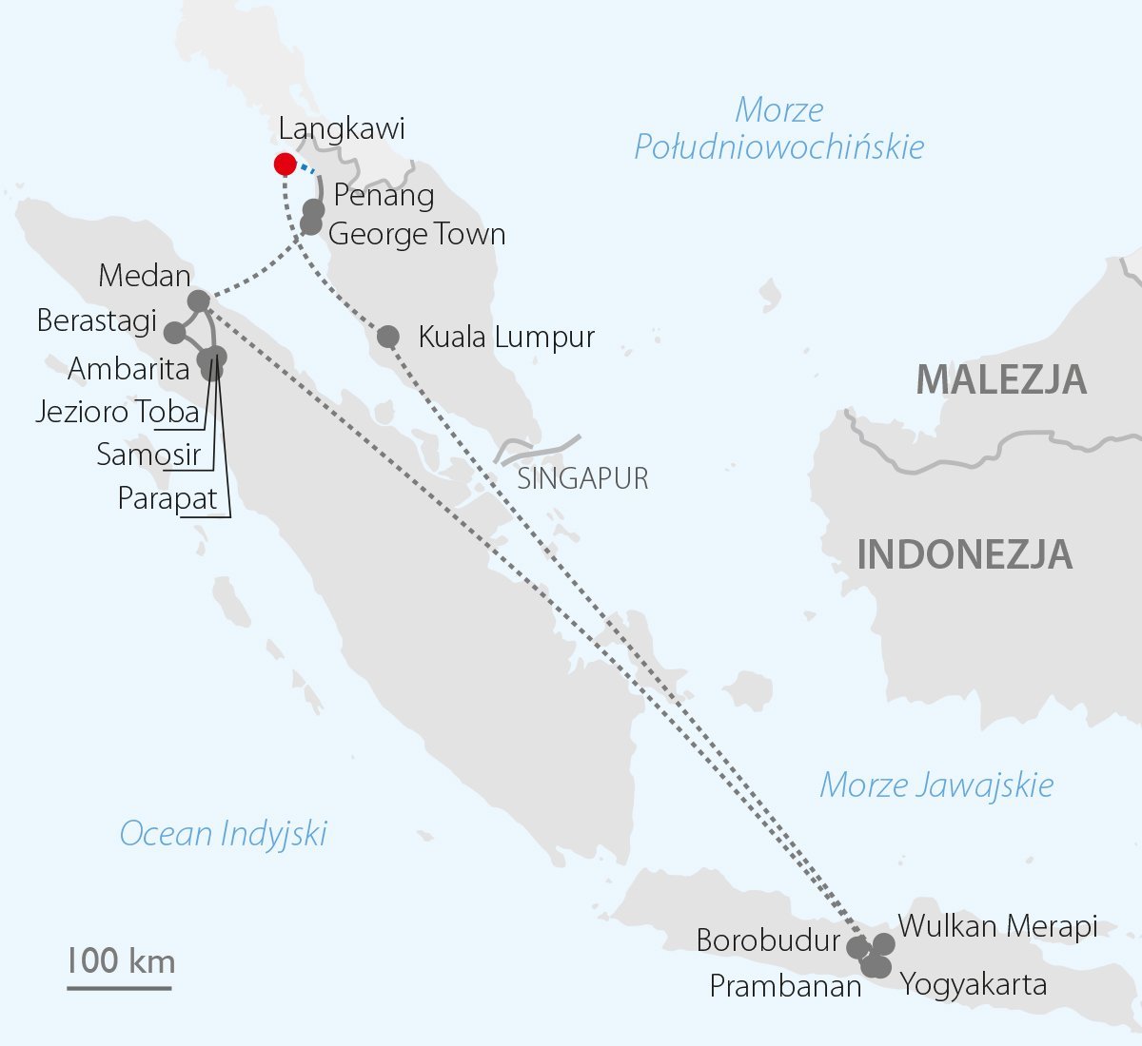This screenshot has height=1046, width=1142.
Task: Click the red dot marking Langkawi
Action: (x=285, y=165)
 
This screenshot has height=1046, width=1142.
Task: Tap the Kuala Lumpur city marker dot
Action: (x=388, y=337)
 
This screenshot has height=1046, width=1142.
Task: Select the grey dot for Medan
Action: (x=199, y=301)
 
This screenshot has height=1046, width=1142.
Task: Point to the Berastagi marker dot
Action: (x=175, y=333)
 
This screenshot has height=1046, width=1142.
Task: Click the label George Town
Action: (x=417, y=234)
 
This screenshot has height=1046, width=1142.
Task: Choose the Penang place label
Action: (x=384, y=195)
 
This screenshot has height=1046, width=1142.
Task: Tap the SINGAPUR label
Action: (x=582, y=478)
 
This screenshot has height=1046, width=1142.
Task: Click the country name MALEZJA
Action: (x=1000, y=379)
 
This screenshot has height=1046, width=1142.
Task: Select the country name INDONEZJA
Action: (x=964, y=554)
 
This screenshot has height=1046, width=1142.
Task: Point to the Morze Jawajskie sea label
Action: (x=936, y=785)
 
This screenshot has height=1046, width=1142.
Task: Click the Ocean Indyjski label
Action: (x=223, y=834)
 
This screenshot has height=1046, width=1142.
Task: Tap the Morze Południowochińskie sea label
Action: (x=779, y=128)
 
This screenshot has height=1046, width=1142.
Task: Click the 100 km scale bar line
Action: (x=119, y=988)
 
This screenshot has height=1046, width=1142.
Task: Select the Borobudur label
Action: (x=768, y=940)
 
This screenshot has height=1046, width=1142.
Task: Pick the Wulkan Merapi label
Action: (x=997, y=925)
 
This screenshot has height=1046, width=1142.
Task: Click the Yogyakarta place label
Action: (x=974, y=984)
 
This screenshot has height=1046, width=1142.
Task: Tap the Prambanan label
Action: (x=785, y=986)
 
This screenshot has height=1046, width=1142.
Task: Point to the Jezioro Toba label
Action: (x=118, y=412)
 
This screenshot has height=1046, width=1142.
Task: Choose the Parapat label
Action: (x=167, y=498)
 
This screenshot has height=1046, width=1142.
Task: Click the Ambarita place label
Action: (x=128, y=368)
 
